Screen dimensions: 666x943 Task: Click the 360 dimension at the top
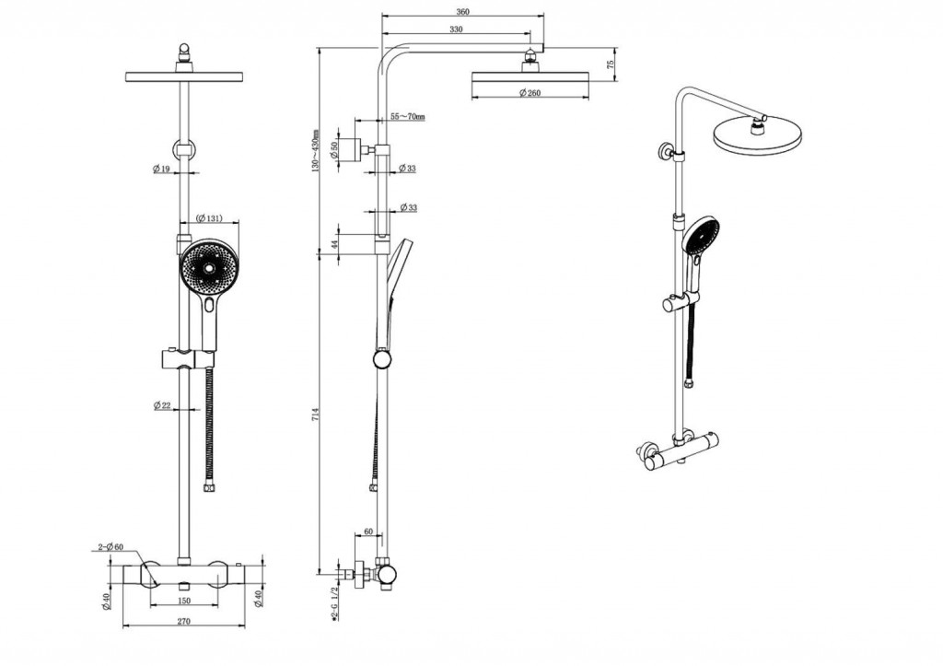pyautogui.click(x=462, y=12)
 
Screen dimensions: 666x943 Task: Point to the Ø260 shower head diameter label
pyautogui.click(x=530, y=93)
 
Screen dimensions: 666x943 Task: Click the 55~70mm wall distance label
pyautogui.click(x=407, y=117)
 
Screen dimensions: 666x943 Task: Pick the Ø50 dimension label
pyautogui.click(x=336, y=149)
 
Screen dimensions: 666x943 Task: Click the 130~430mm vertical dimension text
pyautogui.click(x=316, y=151)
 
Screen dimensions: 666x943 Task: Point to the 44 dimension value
pyautogui.click(x=335, y=244)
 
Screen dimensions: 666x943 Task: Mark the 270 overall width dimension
pyautogui.click(x=183, y=622)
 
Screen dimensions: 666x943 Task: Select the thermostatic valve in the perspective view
pyautogui.click(x=680, y=451)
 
